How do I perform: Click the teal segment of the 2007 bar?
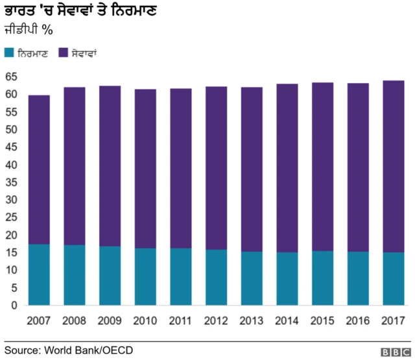[39, 275]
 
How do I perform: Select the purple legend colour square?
[62, 51]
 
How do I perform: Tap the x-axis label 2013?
[252, 320]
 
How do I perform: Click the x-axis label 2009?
[110, 320]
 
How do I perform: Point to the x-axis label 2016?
[358, 320]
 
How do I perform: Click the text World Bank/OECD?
[88, 350]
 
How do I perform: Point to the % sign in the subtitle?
[47, 30]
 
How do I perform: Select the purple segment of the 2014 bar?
[287, 168]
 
